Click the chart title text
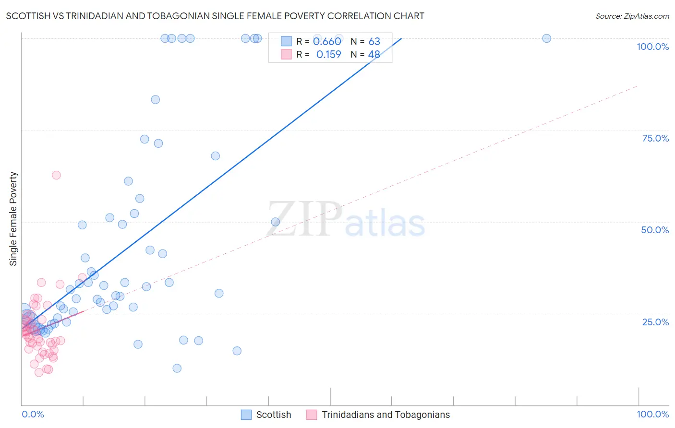point(215,16)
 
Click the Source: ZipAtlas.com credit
point(632,16)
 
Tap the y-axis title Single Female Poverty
point(13,219)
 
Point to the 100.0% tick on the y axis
point(652,47)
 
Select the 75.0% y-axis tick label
point(655,138)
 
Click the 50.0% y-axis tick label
point(655,230)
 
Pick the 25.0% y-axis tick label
point(655,322)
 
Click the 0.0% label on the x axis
point(33,414)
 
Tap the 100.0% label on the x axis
point(652,414)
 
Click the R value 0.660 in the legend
point(327,42)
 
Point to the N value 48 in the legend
point(374,55)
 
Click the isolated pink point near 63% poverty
point(56,175)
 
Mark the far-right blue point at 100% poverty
point(546,38)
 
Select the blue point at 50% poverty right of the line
point(276,222)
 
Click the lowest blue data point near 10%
point(177,369)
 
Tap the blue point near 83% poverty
point(155,100)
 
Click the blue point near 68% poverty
point(215,156)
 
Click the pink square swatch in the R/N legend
point(286,55)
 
